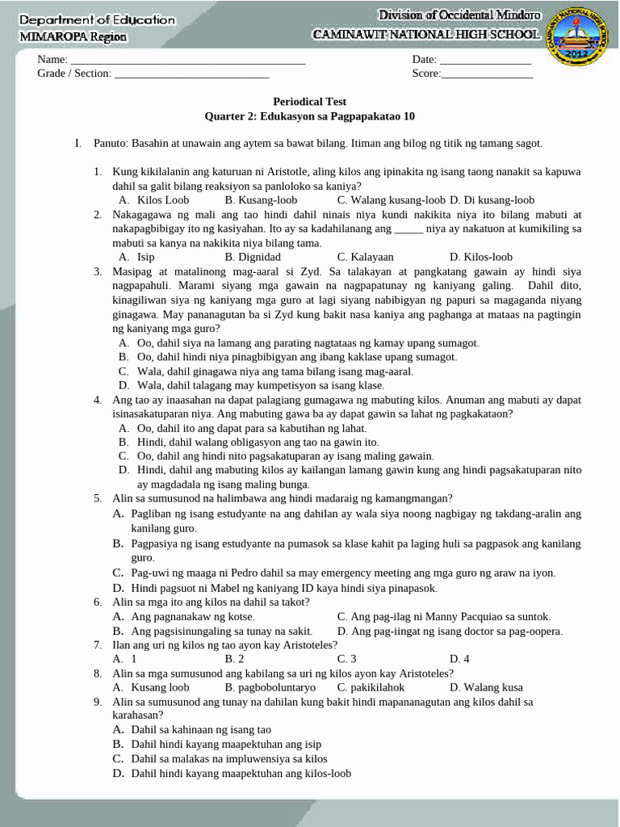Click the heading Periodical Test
[310, 102]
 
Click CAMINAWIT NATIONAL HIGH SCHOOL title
[427, 35]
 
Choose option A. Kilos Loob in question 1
[154, 199]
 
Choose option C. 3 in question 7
[347, 659]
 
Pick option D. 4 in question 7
[459, 659]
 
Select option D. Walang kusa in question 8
[486, 688]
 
